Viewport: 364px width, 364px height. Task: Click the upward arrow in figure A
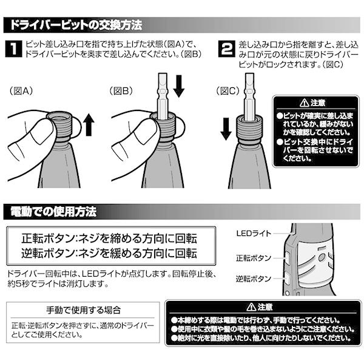(89, 125)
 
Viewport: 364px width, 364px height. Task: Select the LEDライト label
(254, 233)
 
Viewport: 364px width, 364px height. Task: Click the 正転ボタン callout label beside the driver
(253, 257)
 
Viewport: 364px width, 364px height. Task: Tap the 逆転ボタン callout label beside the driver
(253, 280)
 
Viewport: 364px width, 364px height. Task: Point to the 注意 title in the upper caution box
(314, 103)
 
